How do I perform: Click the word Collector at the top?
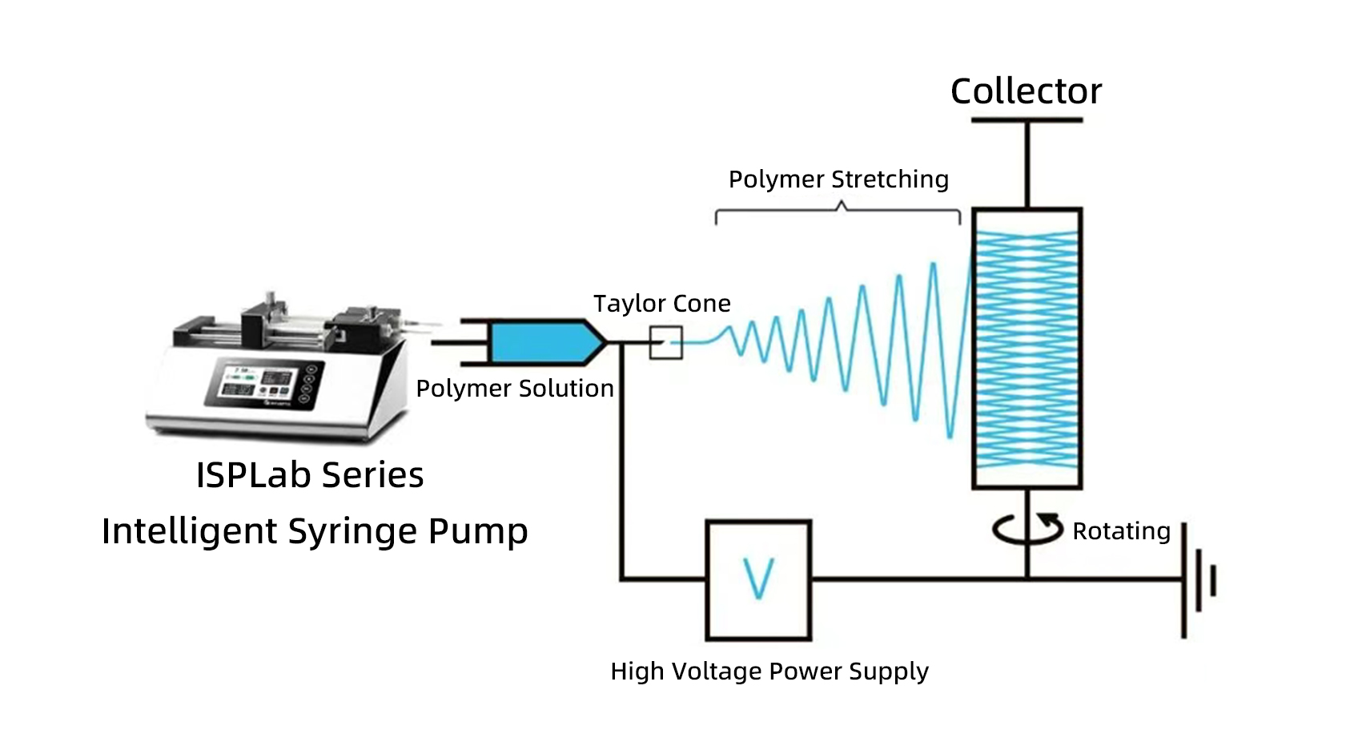click(1026, 91)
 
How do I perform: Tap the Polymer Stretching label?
click(838, 179)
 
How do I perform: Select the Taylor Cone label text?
click(661, 304)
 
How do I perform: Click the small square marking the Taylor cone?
click(665, 342)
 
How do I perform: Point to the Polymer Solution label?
click(515, 389)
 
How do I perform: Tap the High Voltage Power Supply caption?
click(769, 671)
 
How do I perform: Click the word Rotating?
click(1121, 531)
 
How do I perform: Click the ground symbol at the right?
click(1199, 580)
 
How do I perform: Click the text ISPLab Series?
click(310, 475)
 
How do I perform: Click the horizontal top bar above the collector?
click(1027, 121)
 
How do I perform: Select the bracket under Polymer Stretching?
click(838, 213)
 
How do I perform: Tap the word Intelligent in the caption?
click(190, 532)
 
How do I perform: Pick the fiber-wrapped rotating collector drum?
click(1027, 349)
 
